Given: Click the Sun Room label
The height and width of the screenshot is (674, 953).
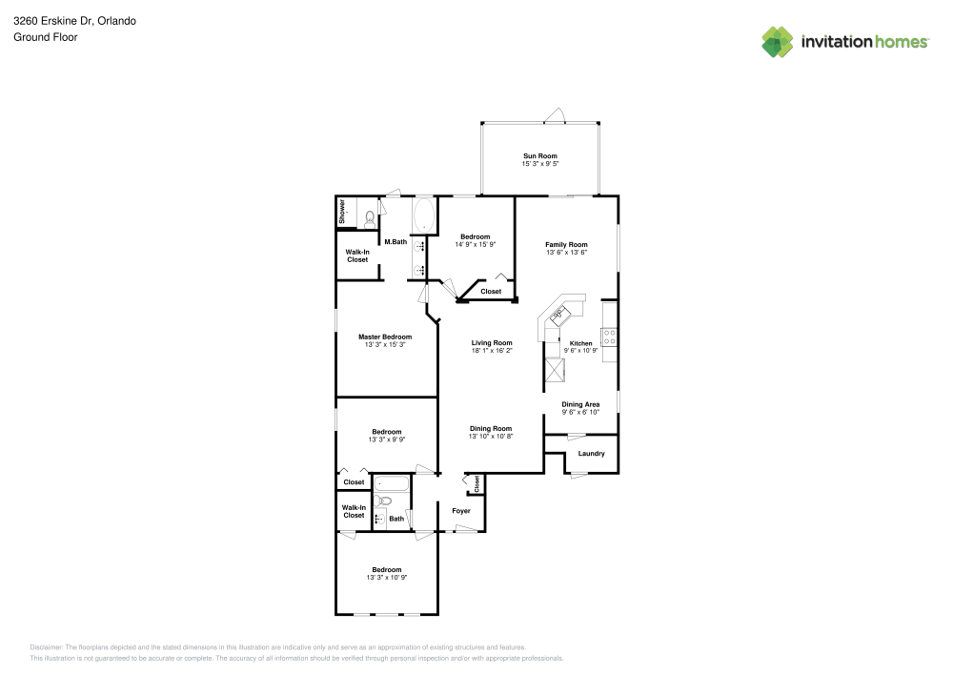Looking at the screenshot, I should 539,155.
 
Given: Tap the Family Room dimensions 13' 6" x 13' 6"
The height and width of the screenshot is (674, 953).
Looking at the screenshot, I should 566,253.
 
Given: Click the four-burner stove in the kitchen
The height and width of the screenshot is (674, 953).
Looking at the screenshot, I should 609,336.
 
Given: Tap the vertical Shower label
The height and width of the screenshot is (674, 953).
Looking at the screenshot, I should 343,213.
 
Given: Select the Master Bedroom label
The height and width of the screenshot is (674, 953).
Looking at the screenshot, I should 385,337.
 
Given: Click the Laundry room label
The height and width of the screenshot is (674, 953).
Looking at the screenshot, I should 591,453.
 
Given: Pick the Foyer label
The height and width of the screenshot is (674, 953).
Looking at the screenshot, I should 461,511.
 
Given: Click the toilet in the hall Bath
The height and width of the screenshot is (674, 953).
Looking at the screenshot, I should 384,500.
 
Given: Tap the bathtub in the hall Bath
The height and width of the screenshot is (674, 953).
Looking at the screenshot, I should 391,482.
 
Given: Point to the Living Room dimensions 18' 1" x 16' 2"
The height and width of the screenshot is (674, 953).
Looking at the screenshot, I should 492,351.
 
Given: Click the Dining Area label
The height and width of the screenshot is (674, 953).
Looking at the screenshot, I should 580,404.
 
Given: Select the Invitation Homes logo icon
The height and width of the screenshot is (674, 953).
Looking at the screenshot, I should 777,41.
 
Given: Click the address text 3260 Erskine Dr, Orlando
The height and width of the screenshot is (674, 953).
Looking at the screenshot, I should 74,20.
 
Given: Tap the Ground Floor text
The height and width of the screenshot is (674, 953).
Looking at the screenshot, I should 46,37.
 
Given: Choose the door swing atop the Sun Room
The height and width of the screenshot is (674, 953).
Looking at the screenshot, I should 556,116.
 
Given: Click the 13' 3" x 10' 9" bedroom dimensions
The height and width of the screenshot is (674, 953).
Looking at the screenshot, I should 387,578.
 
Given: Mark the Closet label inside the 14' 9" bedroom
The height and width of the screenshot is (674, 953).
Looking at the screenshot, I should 491,291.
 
